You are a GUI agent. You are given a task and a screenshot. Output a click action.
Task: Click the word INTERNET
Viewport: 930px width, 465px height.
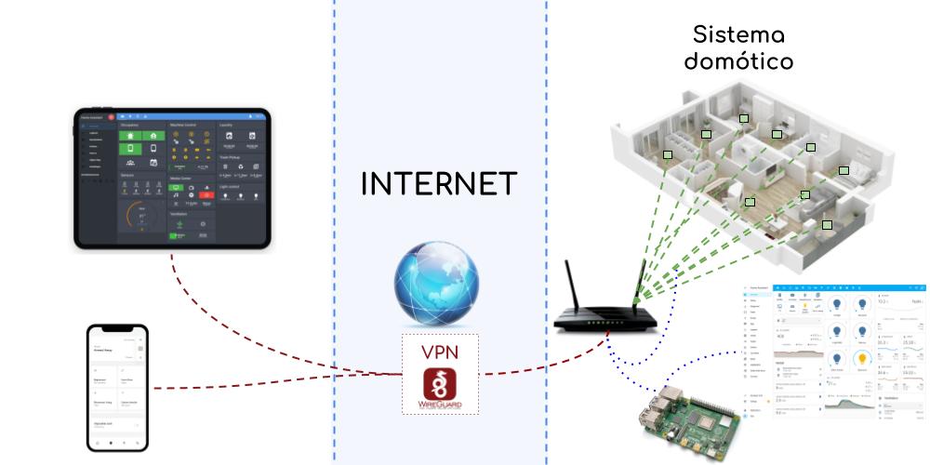438,184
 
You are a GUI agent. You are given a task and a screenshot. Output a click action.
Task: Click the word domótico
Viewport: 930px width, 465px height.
739,63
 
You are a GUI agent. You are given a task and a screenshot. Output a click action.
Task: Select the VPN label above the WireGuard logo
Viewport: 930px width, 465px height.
439,352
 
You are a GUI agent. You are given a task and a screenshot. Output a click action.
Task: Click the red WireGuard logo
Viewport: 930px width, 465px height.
439,391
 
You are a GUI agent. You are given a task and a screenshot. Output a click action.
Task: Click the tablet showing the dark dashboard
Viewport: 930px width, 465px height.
172,179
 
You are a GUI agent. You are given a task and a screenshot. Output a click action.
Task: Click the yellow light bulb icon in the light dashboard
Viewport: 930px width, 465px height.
861,358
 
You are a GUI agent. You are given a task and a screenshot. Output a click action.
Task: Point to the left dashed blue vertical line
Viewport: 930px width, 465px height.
333,232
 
